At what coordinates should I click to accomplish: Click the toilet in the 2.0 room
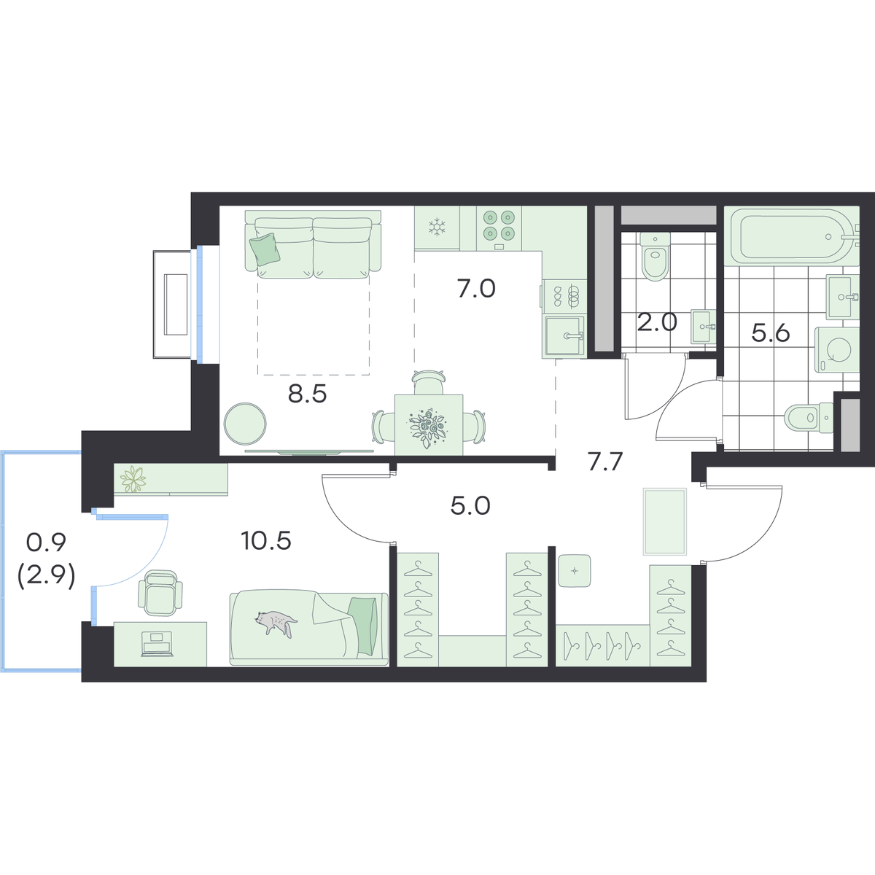pyautogui.click(x=654, y=256)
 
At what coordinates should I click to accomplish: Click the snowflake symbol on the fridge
pyautogui.click(x=437, y=227)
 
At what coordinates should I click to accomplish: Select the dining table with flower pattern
pyautogui.click(x=429, y=424)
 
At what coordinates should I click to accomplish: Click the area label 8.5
pyautogui.click(x=308, y=394)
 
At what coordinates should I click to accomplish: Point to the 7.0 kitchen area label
pyautogui.click(x=476, y=289)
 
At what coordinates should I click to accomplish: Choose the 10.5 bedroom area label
pyautogui.click(x=266, y=541)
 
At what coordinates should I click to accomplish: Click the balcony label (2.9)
pyautogui.click(x=46, y=578)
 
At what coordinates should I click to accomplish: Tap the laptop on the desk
pyautogui.click(x=157, y=643)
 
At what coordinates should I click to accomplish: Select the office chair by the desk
pyautogui.click(x=160, y=593)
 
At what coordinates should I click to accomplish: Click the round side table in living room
pyautogui.click(x=245, y=424)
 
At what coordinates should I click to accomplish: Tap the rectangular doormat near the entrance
pyautogui.click(x=665, y=521)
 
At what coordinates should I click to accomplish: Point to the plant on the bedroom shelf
pyautogui.click(x=132, y=478)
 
